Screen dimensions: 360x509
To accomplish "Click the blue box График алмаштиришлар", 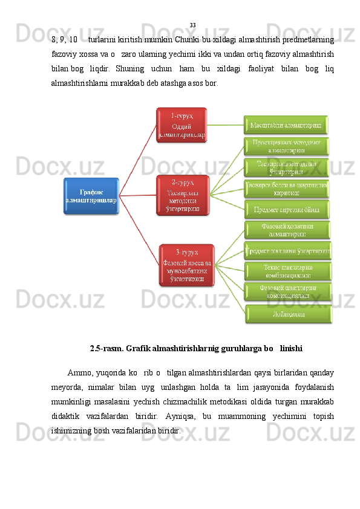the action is tap(91, 196).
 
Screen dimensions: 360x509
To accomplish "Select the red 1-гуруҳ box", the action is tap(182, 125).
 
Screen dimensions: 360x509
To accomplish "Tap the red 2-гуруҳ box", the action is tap(182, 195).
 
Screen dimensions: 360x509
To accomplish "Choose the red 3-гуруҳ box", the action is tap(187, 265).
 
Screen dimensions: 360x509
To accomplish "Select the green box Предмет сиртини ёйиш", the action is tap(287, 209).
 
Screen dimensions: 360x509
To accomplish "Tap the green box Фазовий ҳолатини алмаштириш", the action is tap(287, 230).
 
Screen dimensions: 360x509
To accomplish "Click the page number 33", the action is tap(192, 25).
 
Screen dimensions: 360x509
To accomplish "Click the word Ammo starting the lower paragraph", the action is tap(80, 371).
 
